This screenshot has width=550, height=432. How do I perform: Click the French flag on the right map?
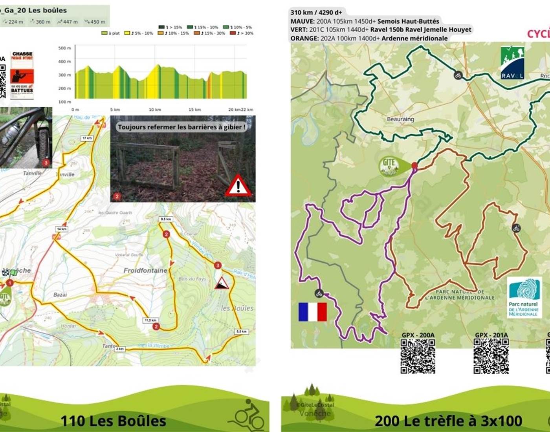pos(313,312)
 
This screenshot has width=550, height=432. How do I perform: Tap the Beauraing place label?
pos(400,119)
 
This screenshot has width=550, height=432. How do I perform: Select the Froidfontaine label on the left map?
pos(145,270)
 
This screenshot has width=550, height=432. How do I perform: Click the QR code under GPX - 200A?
pos(418,356)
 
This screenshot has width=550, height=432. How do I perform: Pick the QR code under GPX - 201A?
pos(491,356)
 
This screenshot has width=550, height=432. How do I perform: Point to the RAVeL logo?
pos(512,63)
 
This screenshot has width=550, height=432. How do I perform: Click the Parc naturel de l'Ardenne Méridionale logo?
pos(524,297)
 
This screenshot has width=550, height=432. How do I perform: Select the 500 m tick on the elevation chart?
pos(64,48)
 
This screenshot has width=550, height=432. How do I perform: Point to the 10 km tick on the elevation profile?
pos(154,110)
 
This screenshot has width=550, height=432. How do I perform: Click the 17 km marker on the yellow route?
pos(87,138)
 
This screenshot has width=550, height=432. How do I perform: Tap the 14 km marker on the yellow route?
pos(62,229)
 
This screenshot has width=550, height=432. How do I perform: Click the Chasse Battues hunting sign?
pos(22,75)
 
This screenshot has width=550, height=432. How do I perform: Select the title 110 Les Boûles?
pos(113,421)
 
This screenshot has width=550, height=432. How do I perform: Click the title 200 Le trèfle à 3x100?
pos(448,421)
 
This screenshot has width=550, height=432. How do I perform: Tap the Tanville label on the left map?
pos(32,173)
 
